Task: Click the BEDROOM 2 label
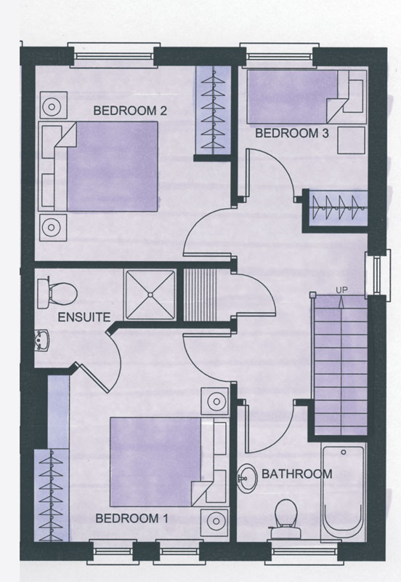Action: click(130, 111)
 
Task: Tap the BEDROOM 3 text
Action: click(292, 133)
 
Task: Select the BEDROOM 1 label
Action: click(132, 518)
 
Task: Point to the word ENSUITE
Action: click(84, 317)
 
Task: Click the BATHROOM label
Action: click(297, 474)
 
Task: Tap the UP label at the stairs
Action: click(341, 290)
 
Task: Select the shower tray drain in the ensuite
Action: click(150, 295)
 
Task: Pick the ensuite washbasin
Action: click(42, 340)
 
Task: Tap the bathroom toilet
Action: click(285, 518)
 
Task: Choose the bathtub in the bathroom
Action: click(343, 491)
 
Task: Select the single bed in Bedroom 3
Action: click(307, 97)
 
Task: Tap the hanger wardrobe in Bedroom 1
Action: click(52, 495)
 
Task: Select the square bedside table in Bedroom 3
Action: click(351, 140)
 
